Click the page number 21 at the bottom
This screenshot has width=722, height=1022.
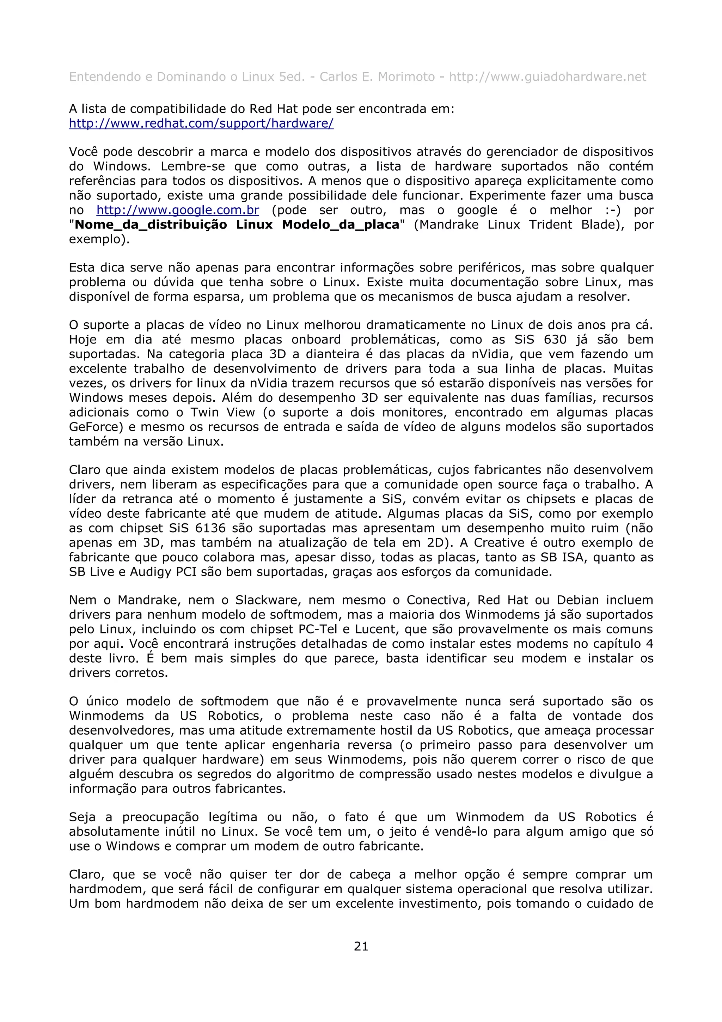pyautogui.click(x=361, y=946)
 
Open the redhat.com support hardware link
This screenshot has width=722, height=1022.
pyautogui.click(x=201, y=123)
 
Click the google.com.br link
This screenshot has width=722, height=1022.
pyautogui.click(x=177, y=210)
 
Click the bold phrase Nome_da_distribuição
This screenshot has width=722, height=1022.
pyautogui.click(x=151, y=224)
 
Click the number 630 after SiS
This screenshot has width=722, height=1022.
pyautogui.click(x=555, y=340)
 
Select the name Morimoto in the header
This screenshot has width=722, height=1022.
pyautogui.click(x=406, y=77)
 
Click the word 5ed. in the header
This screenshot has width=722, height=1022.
pyautogui.click(x=292, y=77)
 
